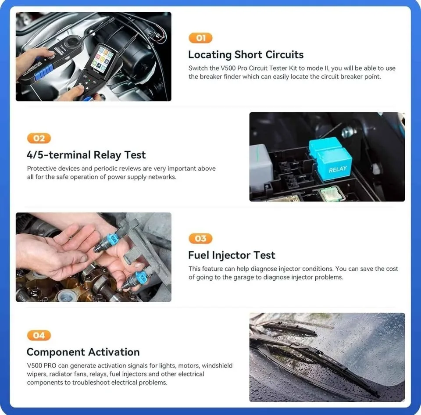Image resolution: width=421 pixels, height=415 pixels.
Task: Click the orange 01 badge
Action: coord(200,38)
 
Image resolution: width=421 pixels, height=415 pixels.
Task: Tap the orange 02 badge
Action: coord(39,138)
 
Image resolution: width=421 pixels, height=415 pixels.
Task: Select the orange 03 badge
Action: coord(200,239)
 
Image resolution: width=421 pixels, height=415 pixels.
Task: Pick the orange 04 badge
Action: coord(39,335)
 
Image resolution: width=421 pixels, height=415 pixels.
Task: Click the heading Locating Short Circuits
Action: coord(246,55)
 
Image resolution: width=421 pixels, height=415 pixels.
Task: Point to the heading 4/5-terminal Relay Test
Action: coord(86,155)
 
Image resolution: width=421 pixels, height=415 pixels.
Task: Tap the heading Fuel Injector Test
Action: coord(232,255)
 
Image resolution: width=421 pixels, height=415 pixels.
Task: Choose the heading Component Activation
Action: coord(83,352)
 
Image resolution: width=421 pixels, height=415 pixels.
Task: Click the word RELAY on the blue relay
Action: coord(338,169)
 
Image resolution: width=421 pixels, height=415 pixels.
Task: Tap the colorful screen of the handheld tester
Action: coord(100,59)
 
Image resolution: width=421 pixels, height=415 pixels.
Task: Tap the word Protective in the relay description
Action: coord(43,168)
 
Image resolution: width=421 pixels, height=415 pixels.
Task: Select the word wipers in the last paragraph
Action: coord(37,374)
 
